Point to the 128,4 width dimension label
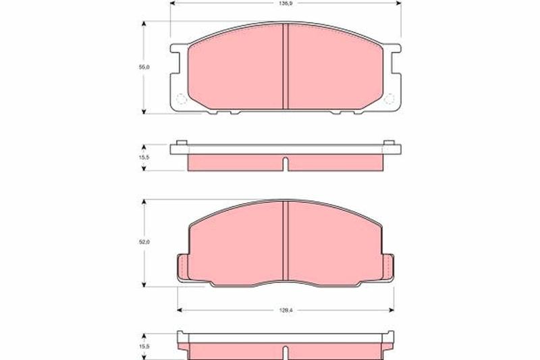click(x=283, y=310)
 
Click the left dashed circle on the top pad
click(x=182, y=99)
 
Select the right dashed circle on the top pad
click(x=389, y=99)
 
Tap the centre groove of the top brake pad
click(x=285, y=66)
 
